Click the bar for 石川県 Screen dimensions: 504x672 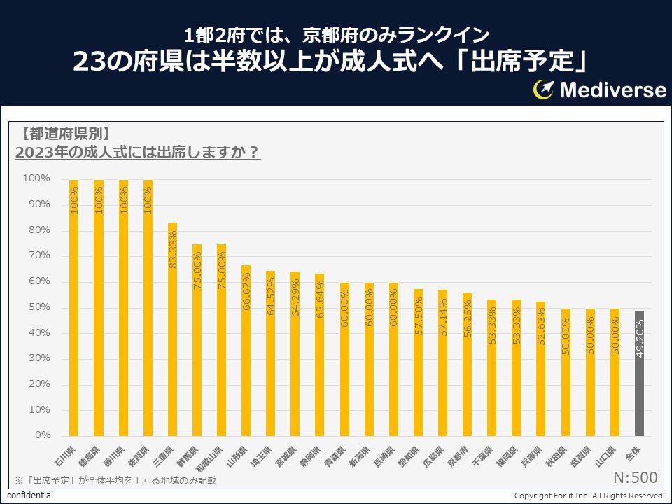(73, 308)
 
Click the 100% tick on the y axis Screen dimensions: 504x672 (36, 178)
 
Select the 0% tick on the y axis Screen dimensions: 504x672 (41, 435)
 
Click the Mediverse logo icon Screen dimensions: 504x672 (545, 89)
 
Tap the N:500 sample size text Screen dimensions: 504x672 (635, 477)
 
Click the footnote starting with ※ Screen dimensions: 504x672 (115, 480)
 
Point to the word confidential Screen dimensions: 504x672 (30, 496)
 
